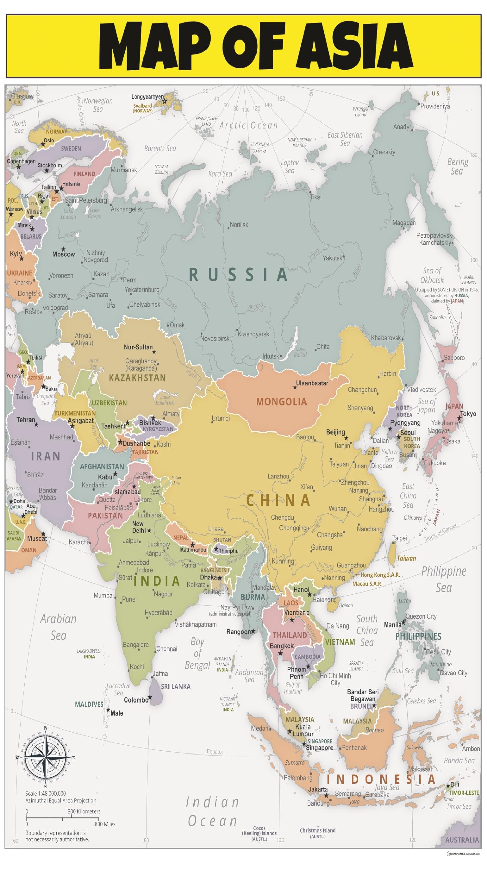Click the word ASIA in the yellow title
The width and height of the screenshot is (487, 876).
pyautogui.click(x=356, y=46)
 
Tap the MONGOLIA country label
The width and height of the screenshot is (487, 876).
pyautogui.click(x=281, y=402)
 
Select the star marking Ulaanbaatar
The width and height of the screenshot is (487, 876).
pyautogui.click(x=295, y=387)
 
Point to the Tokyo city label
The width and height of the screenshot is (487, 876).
pyautogui.click(x=468, y=414)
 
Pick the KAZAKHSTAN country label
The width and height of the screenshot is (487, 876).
pyautogui.click(x=137, y=378)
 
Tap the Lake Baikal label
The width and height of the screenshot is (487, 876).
pyautogui.click(x=300, y=351)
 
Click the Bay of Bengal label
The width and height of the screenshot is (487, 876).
pyautogui.click(x=197, y=653)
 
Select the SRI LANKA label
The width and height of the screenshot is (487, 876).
pyautogui.click(x=176, y=686)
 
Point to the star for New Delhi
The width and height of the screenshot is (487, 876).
pyautogui.click(x=149, y=530)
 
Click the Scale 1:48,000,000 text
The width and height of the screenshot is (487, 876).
pyautogui.click(x=46, y=793)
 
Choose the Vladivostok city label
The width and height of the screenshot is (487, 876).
pyautogui.click(x=421, y=390)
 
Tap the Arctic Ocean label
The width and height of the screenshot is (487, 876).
pyautogui.click(x=248, y=126)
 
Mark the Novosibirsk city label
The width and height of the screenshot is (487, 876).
pyautogui.click(x=215, y=338)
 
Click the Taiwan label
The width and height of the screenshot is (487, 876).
pyautogui.click(x=406, y=558)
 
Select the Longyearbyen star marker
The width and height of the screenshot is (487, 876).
pyautogui.click(x=164, y=101)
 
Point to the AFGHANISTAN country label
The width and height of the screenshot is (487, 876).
pyautogui.click(x=102, y=467)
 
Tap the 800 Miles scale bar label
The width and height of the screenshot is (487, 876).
pyautogui.click(x=105, y=824)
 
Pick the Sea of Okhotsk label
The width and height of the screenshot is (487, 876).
pyautogui.click(x=432, y=275)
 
